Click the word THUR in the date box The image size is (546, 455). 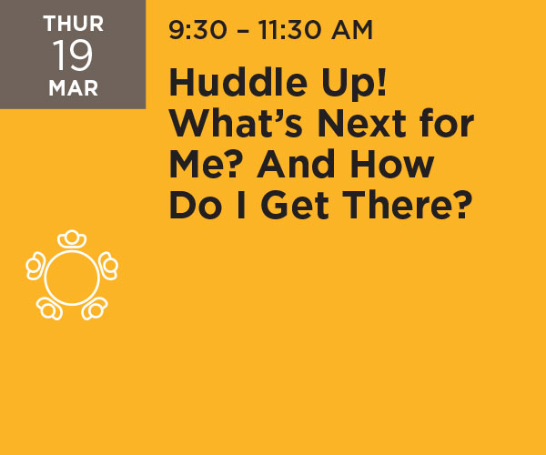74,24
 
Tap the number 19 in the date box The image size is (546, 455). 73,55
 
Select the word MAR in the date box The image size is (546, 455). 74,88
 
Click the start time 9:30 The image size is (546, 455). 197,30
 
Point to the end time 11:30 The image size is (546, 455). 290,30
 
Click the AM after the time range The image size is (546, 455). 352,30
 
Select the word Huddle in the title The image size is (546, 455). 238,82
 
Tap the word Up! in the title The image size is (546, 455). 354,84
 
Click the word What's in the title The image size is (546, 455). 236,123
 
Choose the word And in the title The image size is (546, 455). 298,164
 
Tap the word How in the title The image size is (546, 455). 392,165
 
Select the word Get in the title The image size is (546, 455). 295,206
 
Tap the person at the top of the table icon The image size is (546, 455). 72,238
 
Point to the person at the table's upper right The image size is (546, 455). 108,266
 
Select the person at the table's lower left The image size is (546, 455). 49,308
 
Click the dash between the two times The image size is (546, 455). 243,31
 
